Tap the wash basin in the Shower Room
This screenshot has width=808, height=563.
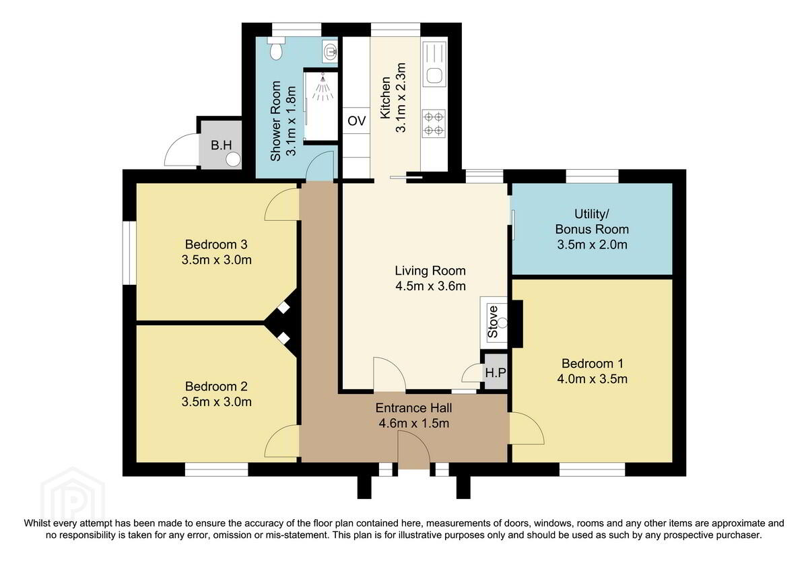tap(330, 51)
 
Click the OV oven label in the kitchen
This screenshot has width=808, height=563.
tap(356, 121)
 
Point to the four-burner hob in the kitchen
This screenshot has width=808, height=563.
tap(434, 123)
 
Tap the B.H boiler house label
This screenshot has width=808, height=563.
tap(221, 145)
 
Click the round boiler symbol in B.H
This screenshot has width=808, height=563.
tap(234, 159)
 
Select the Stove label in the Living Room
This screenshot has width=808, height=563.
tap(492, 322)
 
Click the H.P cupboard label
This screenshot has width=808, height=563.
tap(496, 373)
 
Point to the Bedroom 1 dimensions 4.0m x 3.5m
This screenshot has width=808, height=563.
tap(593, 379)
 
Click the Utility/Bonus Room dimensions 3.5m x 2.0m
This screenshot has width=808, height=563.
tap(593, 244)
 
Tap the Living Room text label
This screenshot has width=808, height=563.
tap(430, 271)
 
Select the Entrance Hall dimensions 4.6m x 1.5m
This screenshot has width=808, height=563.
tap(413, 423)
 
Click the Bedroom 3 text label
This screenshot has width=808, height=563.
tap(216, 244)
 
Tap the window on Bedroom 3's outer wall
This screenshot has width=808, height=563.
tap(129, 253)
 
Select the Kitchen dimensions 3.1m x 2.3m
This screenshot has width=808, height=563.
tap(401, 98)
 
